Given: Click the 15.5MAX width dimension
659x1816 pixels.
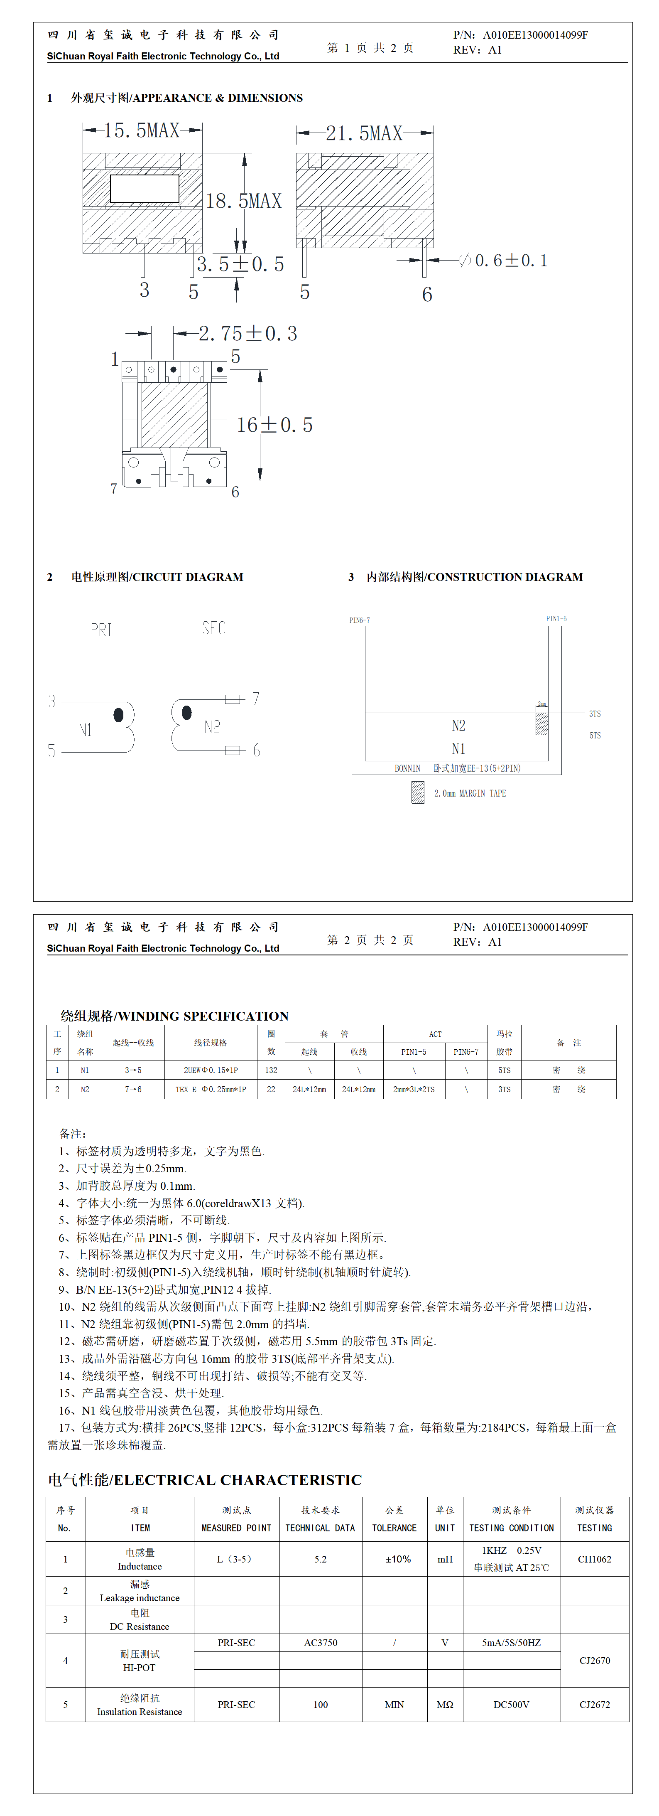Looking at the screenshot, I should (142, 130).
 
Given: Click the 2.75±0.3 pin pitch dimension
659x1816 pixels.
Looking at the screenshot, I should (247, 333).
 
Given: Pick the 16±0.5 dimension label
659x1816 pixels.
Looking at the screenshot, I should (274, 425).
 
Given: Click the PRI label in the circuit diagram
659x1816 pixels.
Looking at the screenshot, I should (101, 630).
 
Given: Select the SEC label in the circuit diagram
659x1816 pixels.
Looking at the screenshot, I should (213, 628).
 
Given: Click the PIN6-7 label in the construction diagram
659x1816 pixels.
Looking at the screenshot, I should (360, 620).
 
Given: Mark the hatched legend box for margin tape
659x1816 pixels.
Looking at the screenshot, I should (418, 792).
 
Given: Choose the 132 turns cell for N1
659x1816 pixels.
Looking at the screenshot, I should (271, 1070).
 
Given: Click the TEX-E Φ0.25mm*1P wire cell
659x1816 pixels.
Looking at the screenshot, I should (211, 1089).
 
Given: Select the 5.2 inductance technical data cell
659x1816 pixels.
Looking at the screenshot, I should (321, 1559).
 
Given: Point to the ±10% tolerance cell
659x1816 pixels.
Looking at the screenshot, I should (397, 1559).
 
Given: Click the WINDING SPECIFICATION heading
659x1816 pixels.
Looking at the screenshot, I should (175, 1016).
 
